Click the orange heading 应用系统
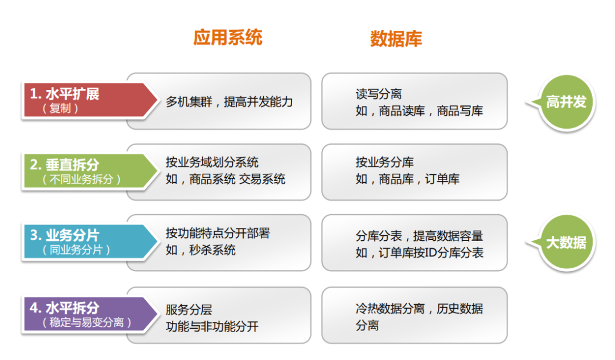pos(228,38)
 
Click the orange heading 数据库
pos(396,38)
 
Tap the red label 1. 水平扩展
pos(64,94)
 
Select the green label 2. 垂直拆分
pos(64,165)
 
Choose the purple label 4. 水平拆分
pos(64,308)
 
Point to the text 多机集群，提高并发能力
pos(229,102)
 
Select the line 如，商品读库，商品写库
pos(419,111)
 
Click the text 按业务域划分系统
pos(212,163)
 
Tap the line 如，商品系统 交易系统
pos(225,179)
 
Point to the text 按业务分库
pos(384,163)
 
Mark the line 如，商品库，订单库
pos(407,179)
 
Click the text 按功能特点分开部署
pos(218,233)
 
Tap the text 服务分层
pos(188,310)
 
